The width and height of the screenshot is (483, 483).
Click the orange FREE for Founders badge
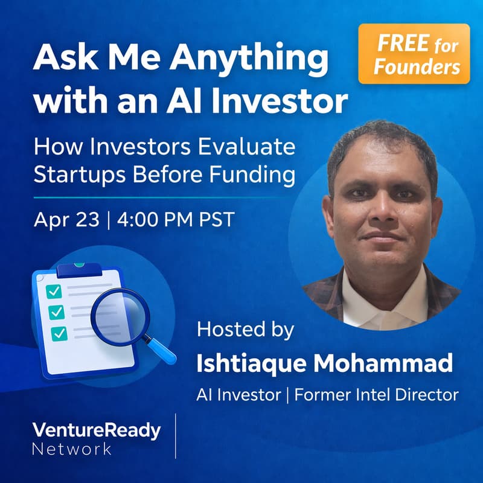[x=414, y=54]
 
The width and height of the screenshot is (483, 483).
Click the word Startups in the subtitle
[x=71, y=174]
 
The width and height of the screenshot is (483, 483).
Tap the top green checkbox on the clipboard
[x=55, y=291]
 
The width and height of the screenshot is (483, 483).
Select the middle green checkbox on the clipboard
[x=57, y=312]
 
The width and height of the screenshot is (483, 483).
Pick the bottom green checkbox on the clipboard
[x=59, y=332]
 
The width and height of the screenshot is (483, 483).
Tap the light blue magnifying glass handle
[x=161, y=350]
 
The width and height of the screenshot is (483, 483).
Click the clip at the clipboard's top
[x=79, y=266]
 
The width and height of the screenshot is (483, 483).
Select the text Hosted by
[x=245, y=330]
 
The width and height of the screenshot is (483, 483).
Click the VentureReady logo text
[x=96, y=430]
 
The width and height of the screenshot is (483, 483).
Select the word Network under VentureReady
[x=72, y=449]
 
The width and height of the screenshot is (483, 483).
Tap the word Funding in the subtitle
[x=257, y=174]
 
